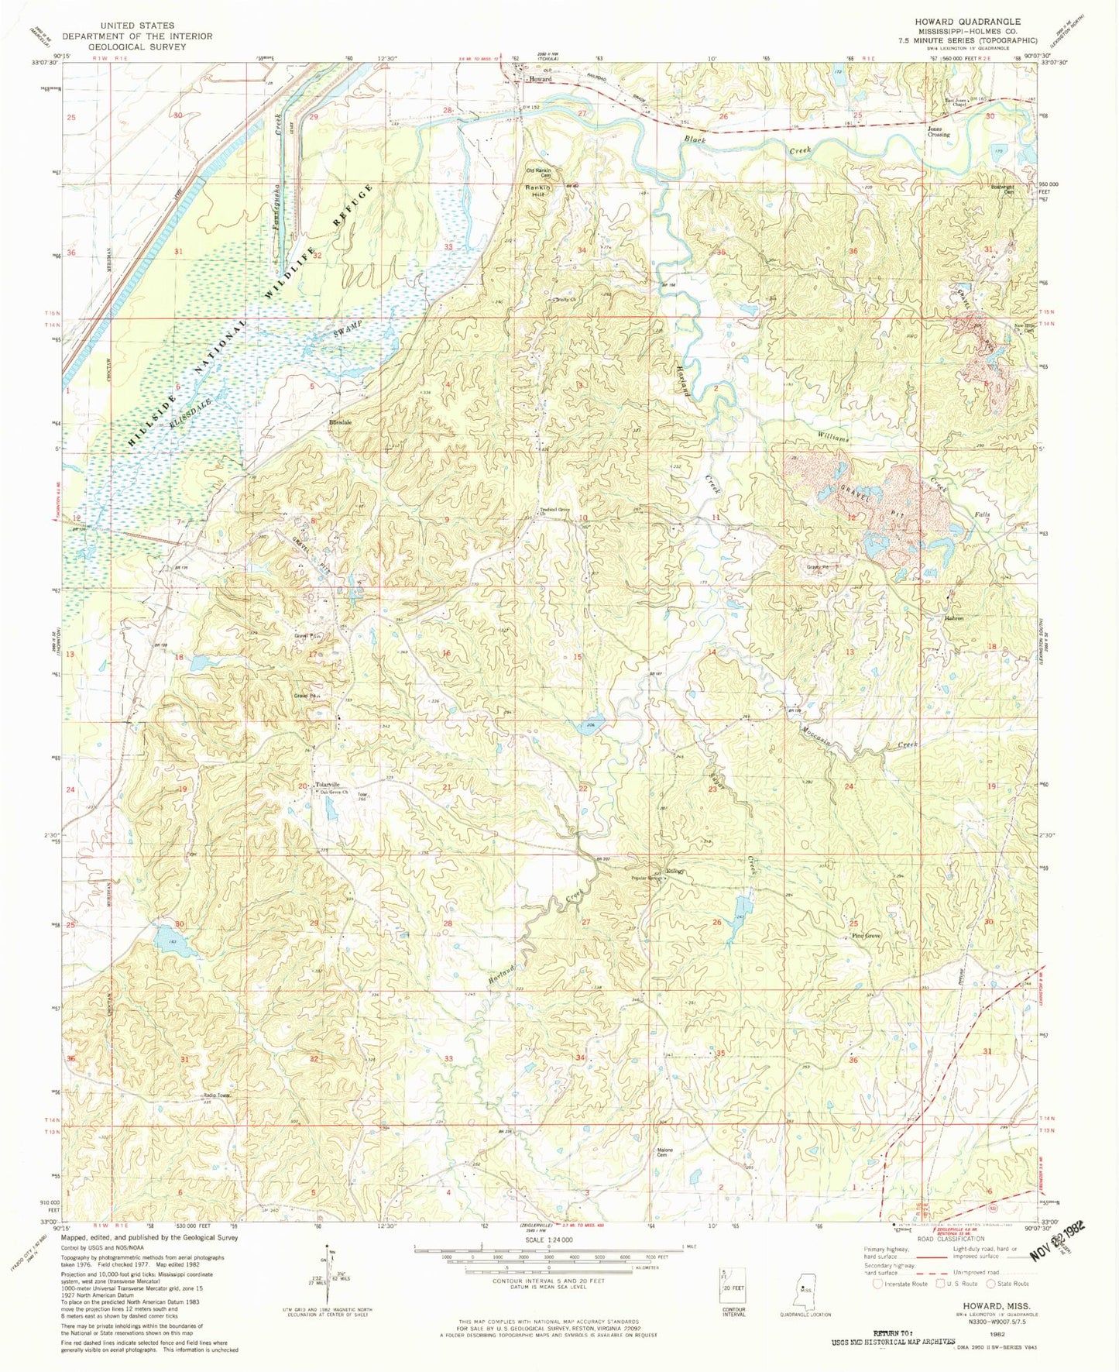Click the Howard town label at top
point(540,80)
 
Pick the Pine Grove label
point(866,936)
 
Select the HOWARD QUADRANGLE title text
point(978,22)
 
